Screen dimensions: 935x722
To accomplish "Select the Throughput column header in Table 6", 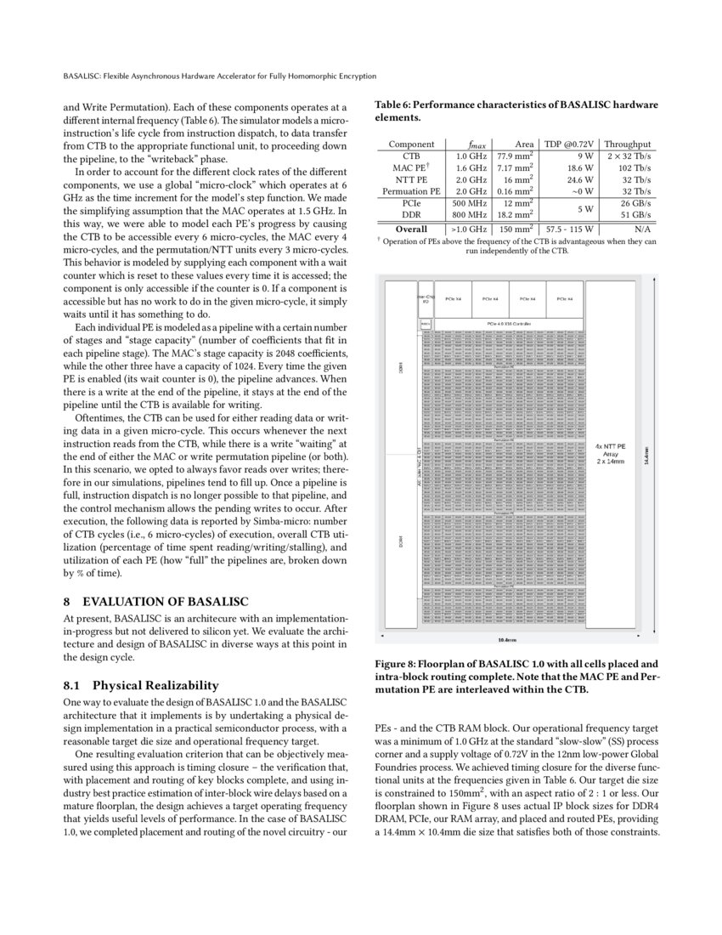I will [x=628, y=144].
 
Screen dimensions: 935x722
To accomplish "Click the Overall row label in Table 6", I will [x=411, y=229].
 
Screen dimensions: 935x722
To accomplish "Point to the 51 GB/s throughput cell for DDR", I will [x=635, y=216].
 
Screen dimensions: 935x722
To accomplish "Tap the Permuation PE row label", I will [x=411, y=192].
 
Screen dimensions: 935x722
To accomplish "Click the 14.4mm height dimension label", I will [x=646, y=455].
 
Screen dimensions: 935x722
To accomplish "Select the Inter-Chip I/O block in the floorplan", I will [x=426, y=299].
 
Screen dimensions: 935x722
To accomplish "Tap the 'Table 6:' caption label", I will [x=396, y=105].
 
